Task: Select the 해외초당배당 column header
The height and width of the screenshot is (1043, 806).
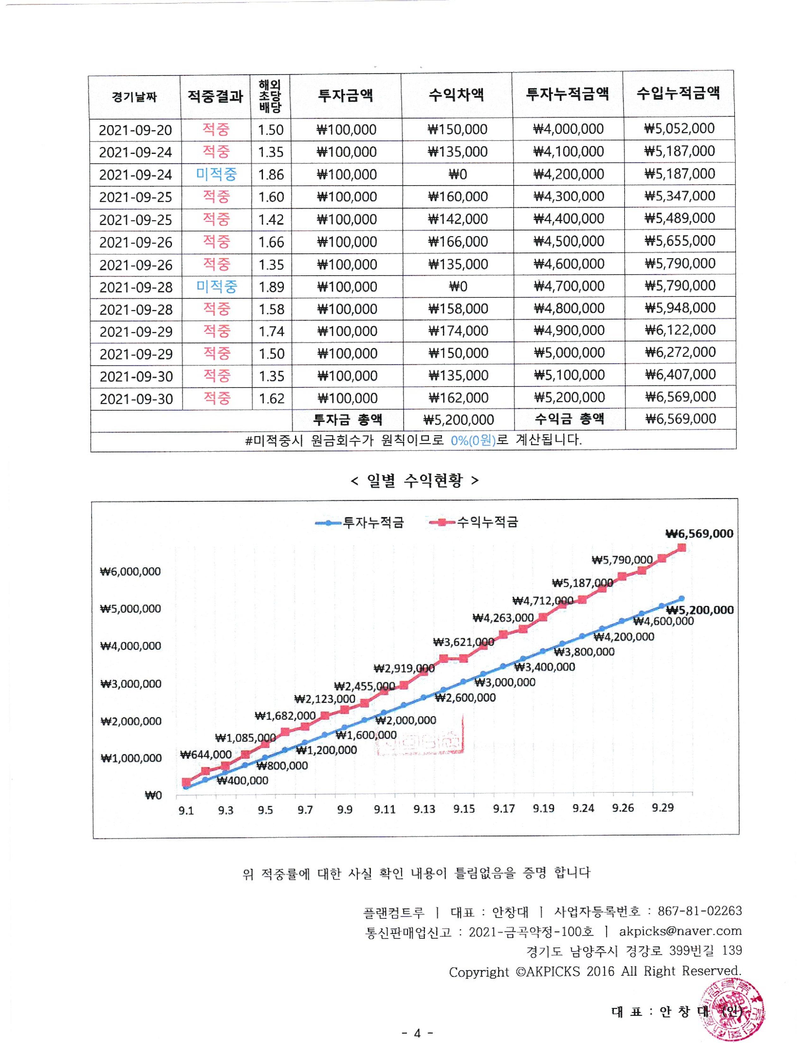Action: (270, 96)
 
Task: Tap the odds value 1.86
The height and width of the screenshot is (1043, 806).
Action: (271, 174)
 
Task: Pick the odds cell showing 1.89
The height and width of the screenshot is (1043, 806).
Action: (271, 287)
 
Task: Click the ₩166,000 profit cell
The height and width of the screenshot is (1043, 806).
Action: (458, 242)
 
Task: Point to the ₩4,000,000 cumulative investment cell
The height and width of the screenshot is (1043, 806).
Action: (568, 129)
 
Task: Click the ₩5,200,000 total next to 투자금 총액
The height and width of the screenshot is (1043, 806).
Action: (458, 420)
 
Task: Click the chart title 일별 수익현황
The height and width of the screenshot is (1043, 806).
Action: (414, 480)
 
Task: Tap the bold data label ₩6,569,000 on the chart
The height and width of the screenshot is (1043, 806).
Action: (699, 534)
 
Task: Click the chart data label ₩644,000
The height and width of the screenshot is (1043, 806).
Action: (206, 754)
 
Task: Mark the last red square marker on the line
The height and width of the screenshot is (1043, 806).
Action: (682, 548)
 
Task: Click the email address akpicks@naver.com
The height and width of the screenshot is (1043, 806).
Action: (681, 931)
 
